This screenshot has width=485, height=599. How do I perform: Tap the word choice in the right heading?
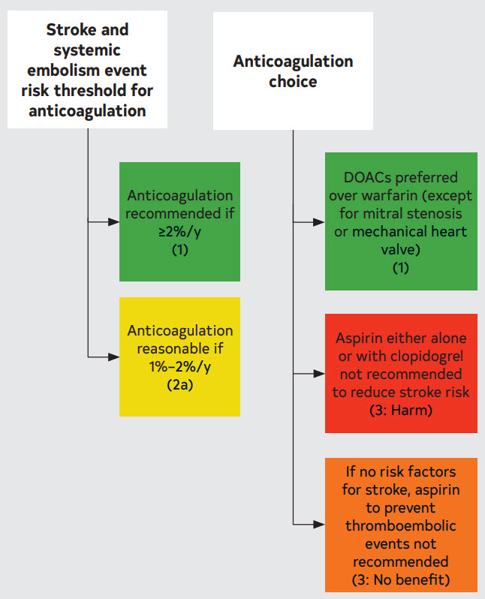pos(293,81)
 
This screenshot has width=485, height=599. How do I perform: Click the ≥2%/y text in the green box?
pos(179,231)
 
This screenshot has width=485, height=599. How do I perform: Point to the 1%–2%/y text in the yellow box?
pos(179,367)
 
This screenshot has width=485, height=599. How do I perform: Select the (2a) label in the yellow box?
pos(179,384)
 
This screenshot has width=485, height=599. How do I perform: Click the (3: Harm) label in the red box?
pos(401,411)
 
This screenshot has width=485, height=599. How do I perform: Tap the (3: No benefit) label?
pos(401,580)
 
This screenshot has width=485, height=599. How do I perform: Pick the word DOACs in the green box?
pos(367,177)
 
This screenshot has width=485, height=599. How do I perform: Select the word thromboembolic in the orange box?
pos(401,525)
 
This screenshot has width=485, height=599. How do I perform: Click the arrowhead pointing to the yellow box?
pos(113,357)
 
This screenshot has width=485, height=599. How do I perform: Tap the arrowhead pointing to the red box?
pos(319,374)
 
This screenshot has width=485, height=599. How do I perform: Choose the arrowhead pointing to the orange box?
pos(319,525)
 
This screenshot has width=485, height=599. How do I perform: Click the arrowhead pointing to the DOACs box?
pos(319,222)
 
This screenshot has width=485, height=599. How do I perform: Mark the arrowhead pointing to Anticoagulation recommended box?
pos(113,221)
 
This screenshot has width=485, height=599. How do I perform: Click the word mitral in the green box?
pos(379,213)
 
